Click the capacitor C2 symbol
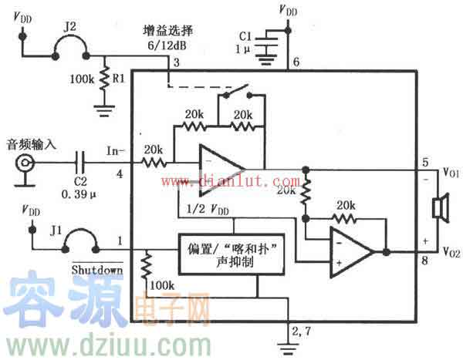(x=79, y=163)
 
